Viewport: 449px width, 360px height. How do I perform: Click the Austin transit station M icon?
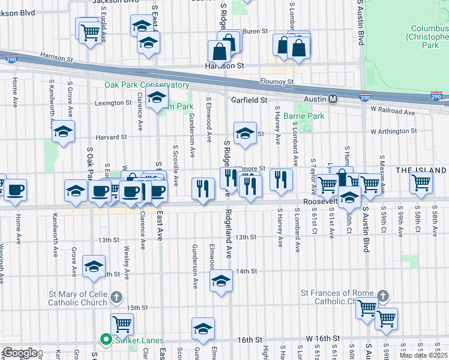(x=333, y=98)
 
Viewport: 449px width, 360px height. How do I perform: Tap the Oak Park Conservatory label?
(x=147, y=85)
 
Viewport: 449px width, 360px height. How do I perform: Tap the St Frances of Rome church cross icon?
(x=382, y=296)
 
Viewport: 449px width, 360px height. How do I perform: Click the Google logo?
(x=20, y=353)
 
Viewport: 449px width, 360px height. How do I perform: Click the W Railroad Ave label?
(x=393, y=112)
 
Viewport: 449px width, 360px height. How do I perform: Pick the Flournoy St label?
(x=277, y=82)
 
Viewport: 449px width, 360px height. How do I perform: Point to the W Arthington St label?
(x=393, y=131)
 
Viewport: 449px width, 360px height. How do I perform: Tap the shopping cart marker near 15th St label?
(x=122, y=323)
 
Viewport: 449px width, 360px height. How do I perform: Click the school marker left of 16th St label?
(x=203, y=329)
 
